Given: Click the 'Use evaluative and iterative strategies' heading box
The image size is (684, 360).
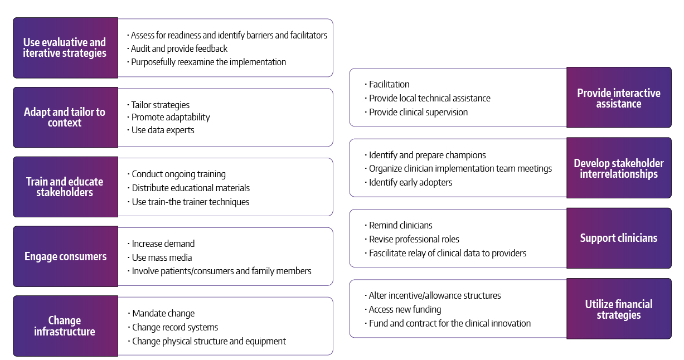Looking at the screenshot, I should (65, 48).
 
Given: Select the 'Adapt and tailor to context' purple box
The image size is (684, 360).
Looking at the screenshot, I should (65, 118).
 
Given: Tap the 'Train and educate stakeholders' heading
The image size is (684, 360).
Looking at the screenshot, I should (65, 187).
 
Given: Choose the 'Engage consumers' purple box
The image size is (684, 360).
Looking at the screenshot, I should (65, 256).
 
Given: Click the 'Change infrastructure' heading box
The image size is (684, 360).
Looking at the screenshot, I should (65, 326).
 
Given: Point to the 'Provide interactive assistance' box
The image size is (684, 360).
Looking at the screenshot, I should (619, 98).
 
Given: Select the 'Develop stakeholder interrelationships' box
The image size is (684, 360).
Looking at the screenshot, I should (619, 168).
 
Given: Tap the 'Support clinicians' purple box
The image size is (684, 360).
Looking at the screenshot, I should (619, 238).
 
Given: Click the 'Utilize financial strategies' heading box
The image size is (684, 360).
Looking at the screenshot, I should (619, 309).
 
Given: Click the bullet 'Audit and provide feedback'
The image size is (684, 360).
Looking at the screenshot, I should (179, 49).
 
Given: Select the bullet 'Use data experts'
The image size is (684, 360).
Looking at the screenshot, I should (163, 130).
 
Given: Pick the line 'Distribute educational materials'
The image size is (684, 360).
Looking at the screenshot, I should (191, 188).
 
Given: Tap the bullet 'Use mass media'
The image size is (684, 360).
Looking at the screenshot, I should (162, 257).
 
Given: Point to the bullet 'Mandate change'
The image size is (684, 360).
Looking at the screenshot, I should (163, 314).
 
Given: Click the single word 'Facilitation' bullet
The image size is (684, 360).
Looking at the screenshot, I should (389, 85).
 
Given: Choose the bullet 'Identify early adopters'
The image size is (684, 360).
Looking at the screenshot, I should (410, 183).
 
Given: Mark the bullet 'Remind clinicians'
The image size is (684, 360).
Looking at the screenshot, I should (400, 226).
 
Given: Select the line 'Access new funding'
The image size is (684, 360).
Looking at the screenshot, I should (405, 310).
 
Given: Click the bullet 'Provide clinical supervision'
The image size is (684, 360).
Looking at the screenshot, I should (418, 112).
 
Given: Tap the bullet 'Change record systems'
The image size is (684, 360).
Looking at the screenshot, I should (175, 328).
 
